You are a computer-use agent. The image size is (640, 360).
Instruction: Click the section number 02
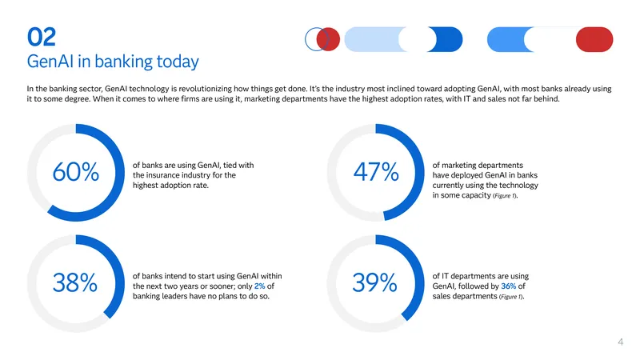42,37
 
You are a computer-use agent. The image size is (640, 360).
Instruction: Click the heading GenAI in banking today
113,62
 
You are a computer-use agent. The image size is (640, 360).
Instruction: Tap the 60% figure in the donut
75,172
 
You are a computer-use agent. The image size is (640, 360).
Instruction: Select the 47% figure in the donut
376,172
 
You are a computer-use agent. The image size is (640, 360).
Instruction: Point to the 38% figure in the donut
75,282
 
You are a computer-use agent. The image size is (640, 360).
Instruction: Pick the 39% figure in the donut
374,282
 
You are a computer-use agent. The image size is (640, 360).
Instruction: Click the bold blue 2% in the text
259,286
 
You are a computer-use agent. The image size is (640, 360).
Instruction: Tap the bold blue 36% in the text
509,286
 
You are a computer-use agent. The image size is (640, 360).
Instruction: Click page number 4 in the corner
621,342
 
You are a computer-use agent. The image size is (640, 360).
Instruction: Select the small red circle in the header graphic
328,39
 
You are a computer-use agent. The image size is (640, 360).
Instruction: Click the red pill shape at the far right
594,39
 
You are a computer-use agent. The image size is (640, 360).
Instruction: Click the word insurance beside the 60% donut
163,175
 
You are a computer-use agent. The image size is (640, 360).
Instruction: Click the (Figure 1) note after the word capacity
506,196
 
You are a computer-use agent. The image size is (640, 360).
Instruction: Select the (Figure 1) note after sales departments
511,297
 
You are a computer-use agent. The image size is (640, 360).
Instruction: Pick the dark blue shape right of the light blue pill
446,39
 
